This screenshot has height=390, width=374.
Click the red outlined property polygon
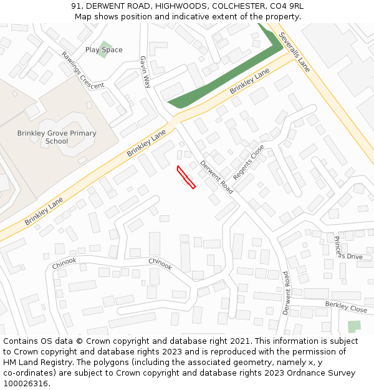186,177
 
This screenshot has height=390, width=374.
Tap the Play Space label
104,50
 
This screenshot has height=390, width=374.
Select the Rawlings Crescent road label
82,70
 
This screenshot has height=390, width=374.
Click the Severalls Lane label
294,52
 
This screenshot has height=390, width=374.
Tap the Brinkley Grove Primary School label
57,137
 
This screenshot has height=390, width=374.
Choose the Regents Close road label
249,163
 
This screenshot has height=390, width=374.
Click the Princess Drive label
347,249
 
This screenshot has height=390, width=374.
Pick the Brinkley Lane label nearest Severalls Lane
249,82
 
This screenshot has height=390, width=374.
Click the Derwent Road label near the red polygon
217,177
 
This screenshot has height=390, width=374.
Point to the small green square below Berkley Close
354,326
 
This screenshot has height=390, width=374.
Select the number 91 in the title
76,6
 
